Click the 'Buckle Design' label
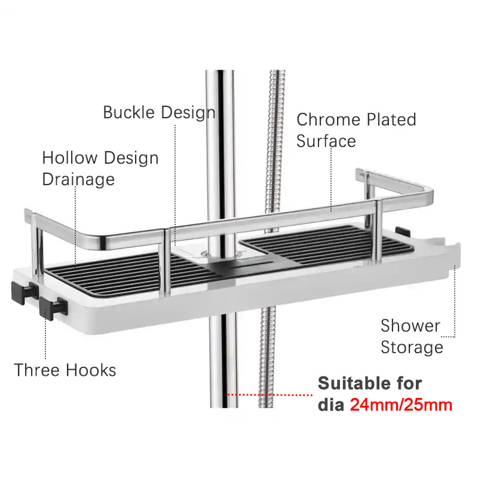click(159, 112)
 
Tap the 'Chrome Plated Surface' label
click(356, 130)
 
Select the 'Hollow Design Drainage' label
click(100, 168)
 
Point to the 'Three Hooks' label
click(65, 370)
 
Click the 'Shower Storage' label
click(412, 336)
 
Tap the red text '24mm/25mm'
click(401, 405)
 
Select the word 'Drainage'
click(78, 179)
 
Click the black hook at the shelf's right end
click(405, 231)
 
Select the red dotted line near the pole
click(269, 395)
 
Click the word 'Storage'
click(412, 347)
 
